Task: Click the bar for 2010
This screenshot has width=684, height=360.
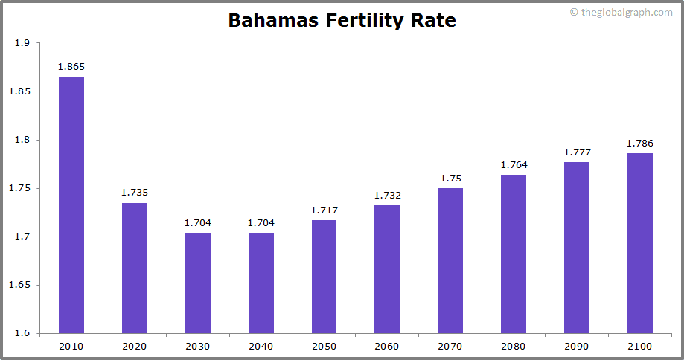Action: pyautogui.click(x=71, y=205)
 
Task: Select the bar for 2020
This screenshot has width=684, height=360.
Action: pyautogui.click(x=135, y=268)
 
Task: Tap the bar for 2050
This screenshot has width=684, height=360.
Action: pyautogui.click(x=324, y=277)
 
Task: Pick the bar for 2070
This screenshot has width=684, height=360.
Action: pyautogui.click(x=450, y=260)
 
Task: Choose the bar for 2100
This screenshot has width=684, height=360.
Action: pyautogui.click(x=640, y=243)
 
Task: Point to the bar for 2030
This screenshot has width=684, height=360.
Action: pyautogui.click(x=198, y=283)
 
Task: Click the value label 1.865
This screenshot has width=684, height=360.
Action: pyautogui.click(x=71, y=67)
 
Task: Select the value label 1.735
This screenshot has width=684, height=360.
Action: pyautogui.click(x=135, y=193)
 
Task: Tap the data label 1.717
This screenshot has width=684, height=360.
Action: pyautogui.click(x=324, y=210)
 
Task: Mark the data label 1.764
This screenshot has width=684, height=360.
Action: pyautogui.click(x=514, y=165)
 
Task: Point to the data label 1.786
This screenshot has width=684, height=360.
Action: pyautogui.click(x=640, y=144)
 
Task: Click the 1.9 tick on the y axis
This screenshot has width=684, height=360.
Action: pyautogui.click(x=22, y=43)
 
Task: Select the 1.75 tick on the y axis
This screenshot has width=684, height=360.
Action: pyautogui.click(x=19, y=188)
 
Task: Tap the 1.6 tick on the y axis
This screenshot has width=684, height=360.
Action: pyautogui.click(x=22, y=333)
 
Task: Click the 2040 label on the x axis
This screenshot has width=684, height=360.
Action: pyautogui.click(x=261, y=347)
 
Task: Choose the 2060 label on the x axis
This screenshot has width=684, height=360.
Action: pyautogui.click(x=387, y=347)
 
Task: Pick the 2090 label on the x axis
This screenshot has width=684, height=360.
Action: pyautogui.click(x=577, y=347)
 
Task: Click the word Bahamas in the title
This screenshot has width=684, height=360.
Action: pyautogui.click(x=272, y=20)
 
